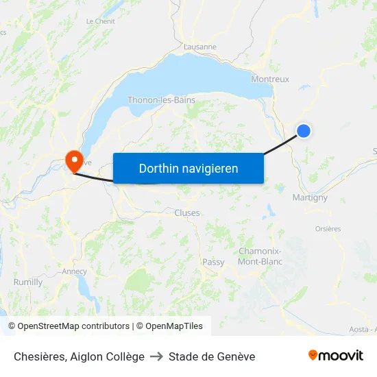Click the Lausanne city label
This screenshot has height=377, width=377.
click(x=200, y=47)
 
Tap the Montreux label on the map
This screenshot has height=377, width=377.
click(x=270, y=79)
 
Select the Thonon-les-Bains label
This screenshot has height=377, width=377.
click(x=161, y=100)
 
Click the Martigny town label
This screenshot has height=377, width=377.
click(x=310, y=197)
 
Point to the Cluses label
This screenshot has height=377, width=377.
click(x=187, y=212)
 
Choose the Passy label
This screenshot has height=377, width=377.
click(x=213, y=262)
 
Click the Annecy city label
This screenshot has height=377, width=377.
click(x=74, y=271)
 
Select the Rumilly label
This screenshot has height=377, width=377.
click(x=28, y=282)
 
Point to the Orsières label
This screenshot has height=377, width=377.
click(x=328, y=229)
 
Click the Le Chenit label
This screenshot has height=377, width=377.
click(x=100, y=21)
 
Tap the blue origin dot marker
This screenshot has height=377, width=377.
click(x=303, y=130)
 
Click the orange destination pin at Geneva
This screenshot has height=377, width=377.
click(x=73, y=160)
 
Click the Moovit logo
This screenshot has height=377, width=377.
click(x=336, y=356)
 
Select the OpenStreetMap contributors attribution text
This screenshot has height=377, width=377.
click(x=69, y=326)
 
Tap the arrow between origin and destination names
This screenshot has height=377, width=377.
click(x=156, y=356)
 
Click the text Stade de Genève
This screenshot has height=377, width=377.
click(x=212, y=356)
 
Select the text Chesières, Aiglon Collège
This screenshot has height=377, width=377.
click(x=79, y=356)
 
